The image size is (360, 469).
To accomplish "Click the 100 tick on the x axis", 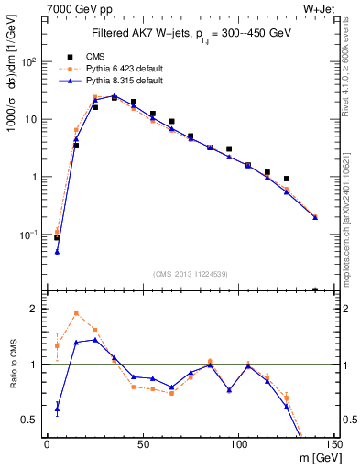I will pos(238,444).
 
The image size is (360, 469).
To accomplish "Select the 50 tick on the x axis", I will pos(143,444).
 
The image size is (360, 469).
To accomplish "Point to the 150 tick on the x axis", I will pos(333,444).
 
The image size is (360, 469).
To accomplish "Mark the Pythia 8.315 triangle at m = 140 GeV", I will pos(315,217).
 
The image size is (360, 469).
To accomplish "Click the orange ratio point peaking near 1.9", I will pos(76,313).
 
